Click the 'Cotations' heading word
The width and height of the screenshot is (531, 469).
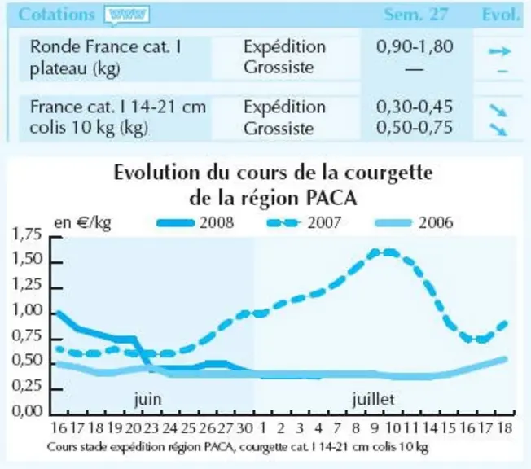[x=56, y=15]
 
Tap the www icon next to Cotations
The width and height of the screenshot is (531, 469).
[x=127, y=15]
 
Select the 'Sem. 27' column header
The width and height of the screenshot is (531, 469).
[x=415, y=15]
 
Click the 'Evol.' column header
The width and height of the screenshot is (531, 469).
[x=500, y=15]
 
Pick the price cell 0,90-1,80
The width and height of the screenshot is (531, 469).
[x=415, y=46]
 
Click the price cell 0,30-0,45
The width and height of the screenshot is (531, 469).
[x=415, y=107]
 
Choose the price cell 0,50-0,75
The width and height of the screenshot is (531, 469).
[x=415, y=127]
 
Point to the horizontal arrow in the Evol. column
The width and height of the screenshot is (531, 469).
[x=499, y=51]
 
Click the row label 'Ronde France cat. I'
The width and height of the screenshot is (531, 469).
[x=106, y=46]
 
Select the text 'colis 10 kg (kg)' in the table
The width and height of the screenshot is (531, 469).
[x=89, y=128]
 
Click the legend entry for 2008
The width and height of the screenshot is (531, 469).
[x=195, y=223]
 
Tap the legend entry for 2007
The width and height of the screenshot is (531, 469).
[x=304, y=223]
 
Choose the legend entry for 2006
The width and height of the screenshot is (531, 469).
[x=415, y=223]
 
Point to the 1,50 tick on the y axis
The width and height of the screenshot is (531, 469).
[x=57, y=262]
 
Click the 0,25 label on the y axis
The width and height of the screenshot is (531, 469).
[x=27, y=386]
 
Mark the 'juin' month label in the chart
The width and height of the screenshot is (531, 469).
[x=148, y=399]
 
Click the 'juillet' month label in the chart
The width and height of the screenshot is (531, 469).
[x=374, y=399]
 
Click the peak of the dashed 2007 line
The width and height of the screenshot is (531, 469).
[x=384, y=252]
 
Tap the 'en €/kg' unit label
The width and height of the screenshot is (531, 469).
[x=82, y=223]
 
